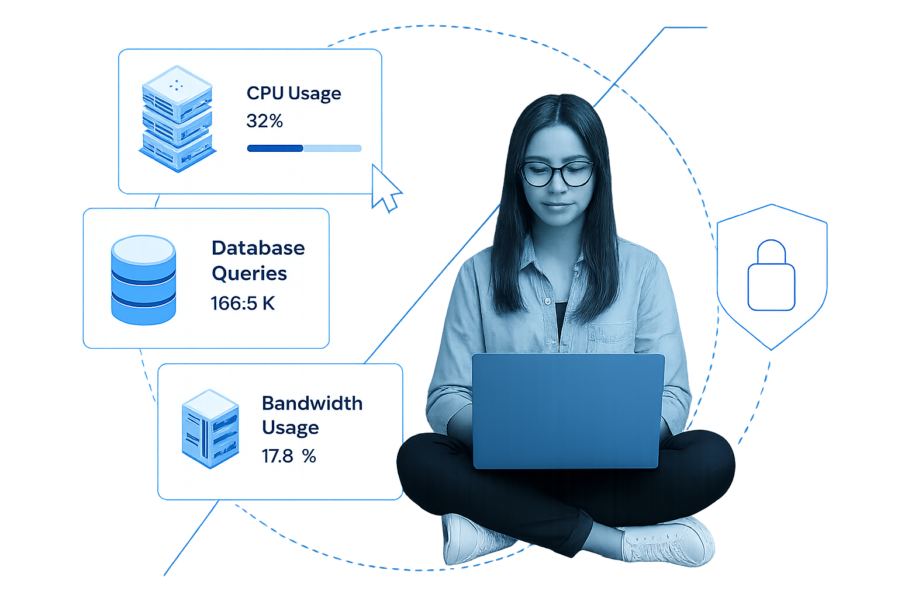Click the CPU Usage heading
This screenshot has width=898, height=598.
[293, 93]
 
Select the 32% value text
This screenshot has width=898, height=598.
[264, 121]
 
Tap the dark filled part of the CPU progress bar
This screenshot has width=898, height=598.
[275, 148]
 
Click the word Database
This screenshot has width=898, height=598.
[258, 248]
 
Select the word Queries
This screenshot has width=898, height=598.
[249, 273]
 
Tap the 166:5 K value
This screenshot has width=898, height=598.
[242, 304]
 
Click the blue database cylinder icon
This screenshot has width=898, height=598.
[143, 280]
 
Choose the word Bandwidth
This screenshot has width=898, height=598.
[312, 403]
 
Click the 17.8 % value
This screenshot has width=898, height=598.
[289, 456]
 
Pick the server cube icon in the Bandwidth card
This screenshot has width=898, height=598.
[210, 429]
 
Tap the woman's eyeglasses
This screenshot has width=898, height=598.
[557, 173]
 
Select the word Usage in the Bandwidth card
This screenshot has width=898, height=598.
[290, 428]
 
